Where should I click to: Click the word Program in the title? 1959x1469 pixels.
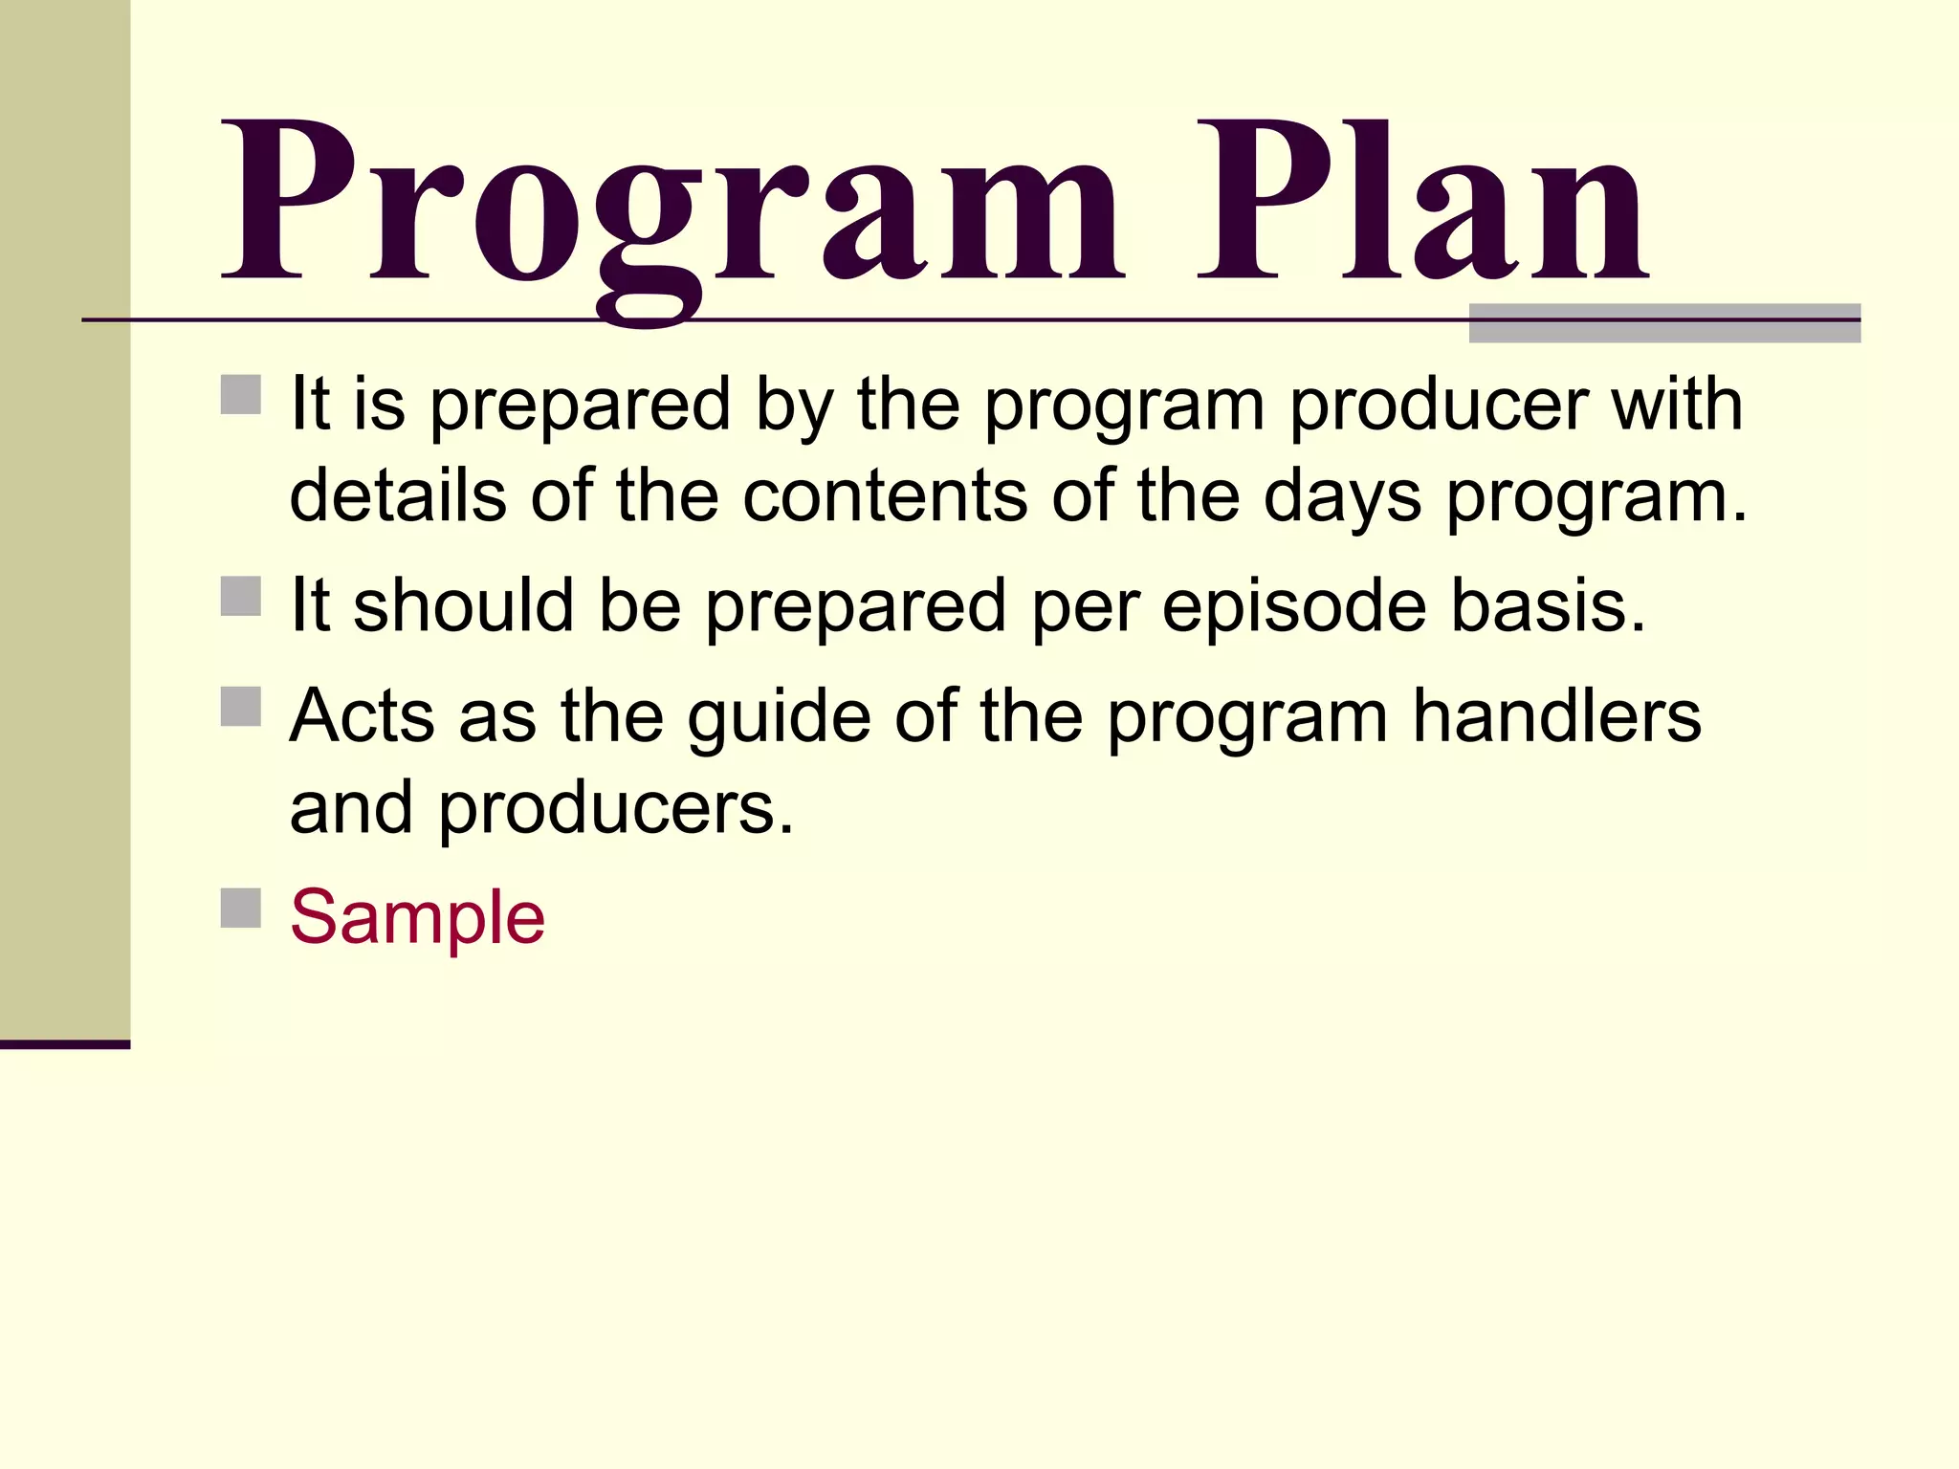click(x=670, y=206)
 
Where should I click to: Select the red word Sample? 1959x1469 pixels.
click(x=417, y=917)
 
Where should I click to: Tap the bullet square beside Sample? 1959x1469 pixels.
click(x=241, y=908)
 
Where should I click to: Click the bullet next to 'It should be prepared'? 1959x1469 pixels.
click(x=241, y=596)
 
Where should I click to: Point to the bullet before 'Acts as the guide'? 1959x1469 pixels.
click(x=241, y=707)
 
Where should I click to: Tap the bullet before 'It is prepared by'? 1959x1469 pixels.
click(x=241, y=394)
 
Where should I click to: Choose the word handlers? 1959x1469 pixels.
click(x=1556, y=716)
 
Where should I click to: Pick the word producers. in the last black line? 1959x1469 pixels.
click(x=616, y=809)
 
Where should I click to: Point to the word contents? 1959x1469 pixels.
click(x=885, y=496)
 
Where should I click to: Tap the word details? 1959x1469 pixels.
click(x=397, y=496)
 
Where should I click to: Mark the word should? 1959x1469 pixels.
click(x=463, y=606)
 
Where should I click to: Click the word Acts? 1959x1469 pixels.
click(x=362, y=716)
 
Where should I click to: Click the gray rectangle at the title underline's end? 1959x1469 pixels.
click(x=1664, y=323)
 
